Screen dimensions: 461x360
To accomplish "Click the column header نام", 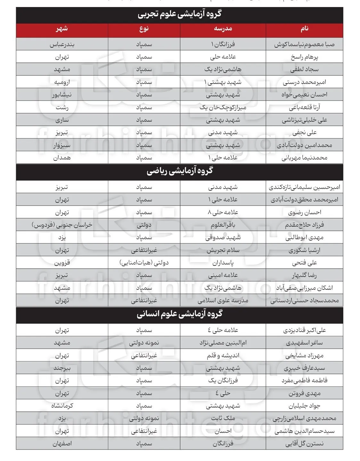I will pos(304,29).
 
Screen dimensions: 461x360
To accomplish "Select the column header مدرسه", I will pos(223,29).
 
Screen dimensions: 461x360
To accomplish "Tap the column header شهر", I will pos(62,29).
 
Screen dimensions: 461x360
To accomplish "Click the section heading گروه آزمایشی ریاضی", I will pos(180,171).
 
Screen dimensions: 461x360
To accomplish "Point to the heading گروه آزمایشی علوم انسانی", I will pos(180,314).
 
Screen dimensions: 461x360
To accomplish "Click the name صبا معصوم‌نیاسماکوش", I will pos(304,44).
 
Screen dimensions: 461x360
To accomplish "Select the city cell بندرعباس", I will pos(62,44).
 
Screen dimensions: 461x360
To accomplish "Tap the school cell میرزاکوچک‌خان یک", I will pos(223,107).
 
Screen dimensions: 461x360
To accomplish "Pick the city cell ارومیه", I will pos(62,82).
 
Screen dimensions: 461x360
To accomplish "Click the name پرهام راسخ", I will pos(304,57).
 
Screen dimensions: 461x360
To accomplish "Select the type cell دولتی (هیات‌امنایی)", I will pos(144,263).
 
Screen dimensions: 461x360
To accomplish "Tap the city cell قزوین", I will pos(62,263).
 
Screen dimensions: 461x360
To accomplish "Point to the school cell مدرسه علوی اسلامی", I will pos(223,301).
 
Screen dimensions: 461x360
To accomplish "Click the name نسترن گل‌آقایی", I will pos(304,444).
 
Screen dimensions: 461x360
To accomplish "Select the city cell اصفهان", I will pos(62,444).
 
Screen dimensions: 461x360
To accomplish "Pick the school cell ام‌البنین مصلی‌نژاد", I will pos(223,343).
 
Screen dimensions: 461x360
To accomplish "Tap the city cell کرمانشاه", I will pos(62,406).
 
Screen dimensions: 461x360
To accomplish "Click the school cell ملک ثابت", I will pos(223,418).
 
